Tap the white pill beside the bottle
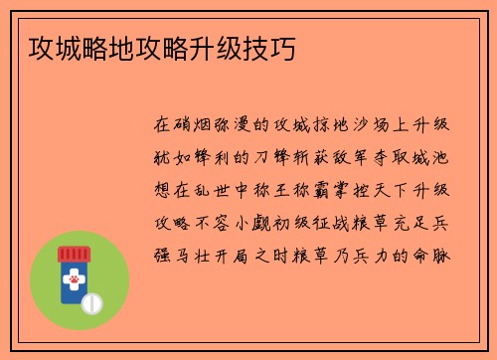(x=95, y=300)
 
